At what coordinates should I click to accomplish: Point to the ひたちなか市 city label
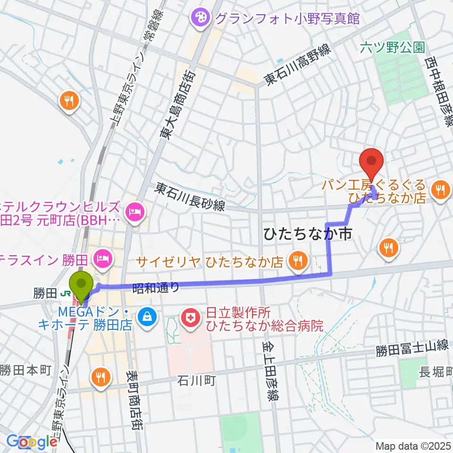tap(308, 234)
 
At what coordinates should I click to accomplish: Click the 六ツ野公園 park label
tap(392, 47)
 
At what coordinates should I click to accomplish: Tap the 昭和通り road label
tap(156, 288)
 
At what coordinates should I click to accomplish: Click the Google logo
tap(32, 442)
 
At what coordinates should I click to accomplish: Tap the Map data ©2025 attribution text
tap(413, 446)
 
